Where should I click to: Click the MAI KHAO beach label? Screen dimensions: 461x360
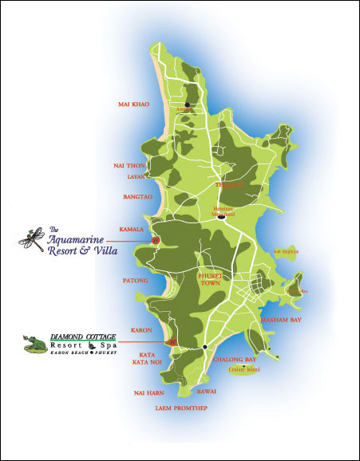135,104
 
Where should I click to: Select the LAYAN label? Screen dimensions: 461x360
135,176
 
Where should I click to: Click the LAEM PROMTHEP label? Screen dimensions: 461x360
180,407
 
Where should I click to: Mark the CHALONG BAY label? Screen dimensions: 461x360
235,360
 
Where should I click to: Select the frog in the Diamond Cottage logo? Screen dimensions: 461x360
34,343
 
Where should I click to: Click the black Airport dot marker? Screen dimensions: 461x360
188,104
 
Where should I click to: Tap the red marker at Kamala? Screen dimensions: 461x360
156,238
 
